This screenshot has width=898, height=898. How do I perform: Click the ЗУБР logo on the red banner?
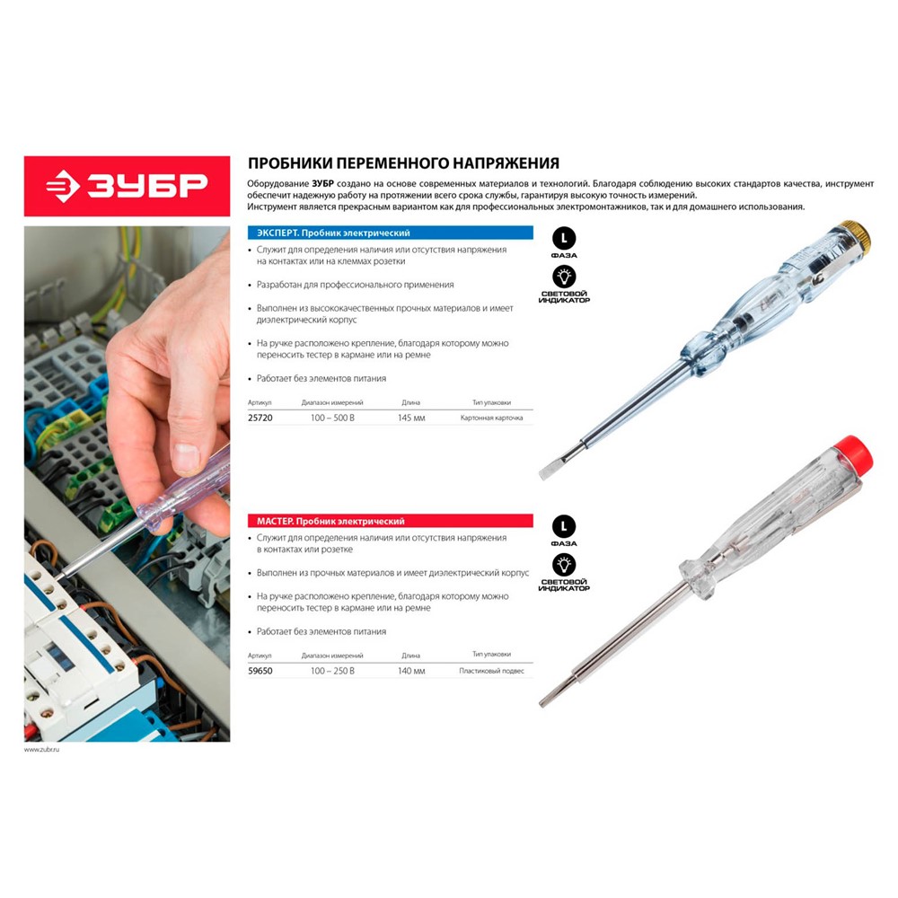[128, 186]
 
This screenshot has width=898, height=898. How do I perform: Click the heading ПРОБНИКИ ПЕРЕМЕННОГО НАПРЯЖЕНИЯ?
[403, 163]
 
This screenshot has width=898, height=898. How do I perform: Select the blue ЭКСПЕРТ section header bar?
[390, 233]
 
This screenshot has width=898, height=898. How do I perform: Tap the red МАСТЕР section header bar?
[390, 521]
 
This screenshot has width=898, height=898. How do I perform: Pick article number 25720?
[260, 418]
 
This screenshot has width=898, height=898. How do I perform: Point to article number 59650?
[260, 670]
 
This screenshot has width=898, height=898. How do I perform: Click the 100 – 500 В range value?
[332, 418]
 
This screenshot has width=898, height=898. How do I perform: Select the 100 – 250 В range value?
[332, 670]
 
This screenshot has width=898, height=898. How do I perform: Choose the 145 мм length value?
[411, 418]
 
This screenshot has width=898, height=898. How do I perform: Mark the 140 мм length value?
[411, 670]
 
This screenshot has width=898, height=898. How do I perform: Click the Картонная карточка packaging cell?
[491, 418]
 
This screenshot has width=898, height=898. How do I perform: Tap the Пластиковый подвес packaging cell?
[491, 670]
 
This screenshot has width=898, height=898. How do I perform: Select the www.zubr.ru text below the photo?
[41, 749]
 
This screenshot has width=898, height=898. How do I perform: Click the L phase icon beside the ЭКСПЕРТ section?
[564, 239]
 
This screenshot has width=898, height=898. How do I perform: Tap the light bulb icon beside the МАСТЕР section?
[564, 565]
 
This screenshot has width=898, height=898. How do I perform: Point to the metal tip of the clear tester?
[545, 700]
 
